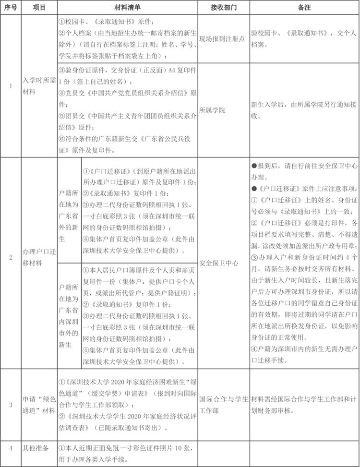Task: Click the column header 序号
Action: (11, 8)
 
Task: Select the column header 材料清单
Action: (127, 8)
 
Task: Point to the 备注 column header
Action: (304, 8)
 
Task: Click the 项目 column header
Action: (39, 8)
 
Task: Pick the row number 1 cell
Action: (11, 86)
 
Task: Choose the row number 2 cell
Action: (11, 263)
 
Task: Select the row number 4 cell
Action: (11, 448)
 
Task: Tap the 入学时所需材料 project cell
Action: (39, 86)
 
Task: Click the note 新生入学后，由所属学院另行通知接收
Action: (304, 110)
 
